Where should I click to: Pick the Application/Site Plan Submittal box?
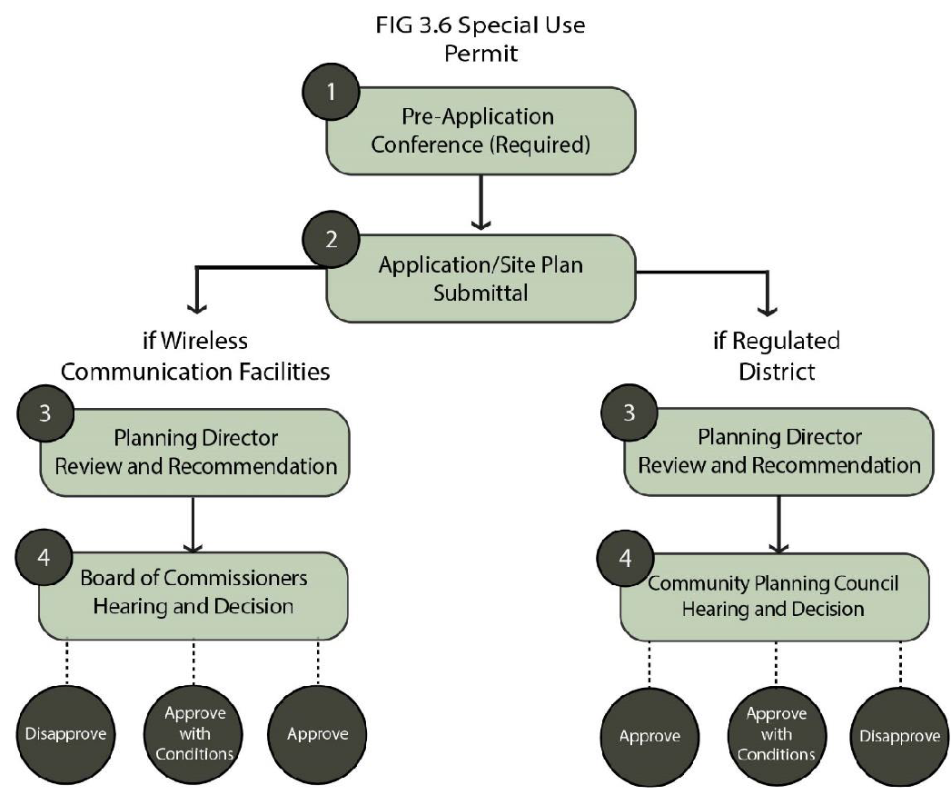pos(481,279)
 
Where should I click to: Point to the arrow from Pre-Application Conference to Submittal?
pos(480,202)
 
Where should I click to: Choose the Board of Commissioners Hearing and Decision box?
pos(193,592)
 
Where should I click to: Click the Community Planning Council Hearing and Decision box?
pos(774,595)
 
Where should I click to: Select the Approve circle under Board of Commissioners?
pos(319,733)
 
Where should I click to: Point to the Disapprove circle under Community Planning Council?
pos(899,734)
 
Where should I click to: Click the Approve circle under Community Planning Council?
pos(649,734)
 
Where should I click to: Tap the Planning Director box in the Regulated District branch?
pos(778,452)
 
